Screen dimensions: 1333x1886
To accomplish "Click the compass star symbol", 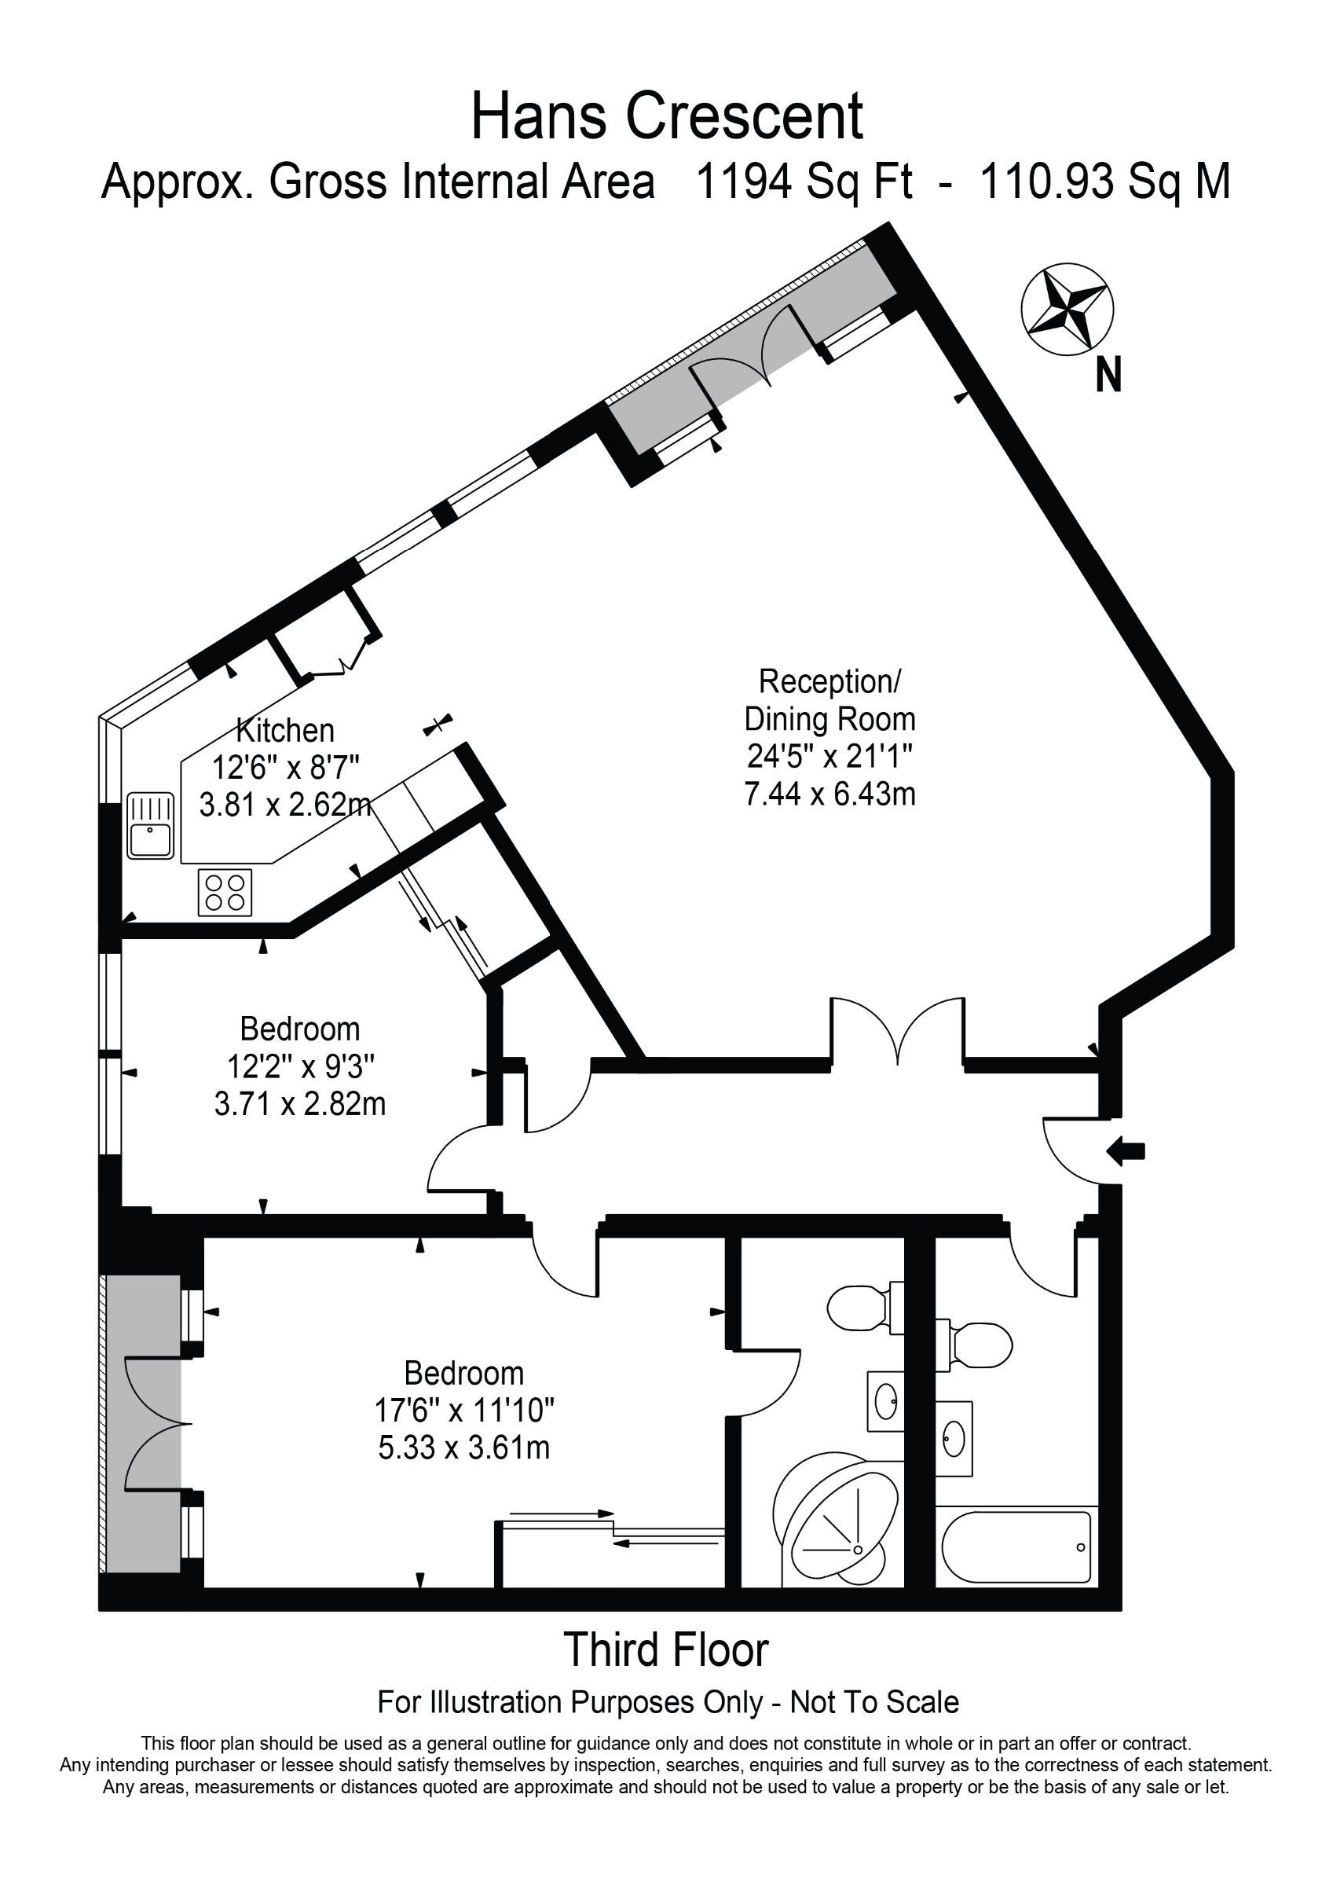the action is [1067, 310].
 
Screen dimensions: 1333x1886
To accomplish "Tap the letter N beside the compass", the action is [1109, 376].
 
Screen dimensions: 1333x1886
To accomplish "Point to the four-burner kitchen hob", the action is [225, 892].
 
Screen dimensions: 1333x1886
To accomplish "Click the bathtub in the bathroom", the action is [1016, 1547].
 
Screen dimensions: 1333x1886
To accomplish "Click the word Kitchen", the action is [285, 730].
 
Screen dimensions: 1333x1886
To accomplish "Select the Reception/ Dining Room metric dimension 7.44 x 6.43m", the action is [829, 794].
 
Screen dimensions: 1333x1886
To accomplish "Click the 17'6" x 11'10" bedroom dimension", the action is [465, 1411].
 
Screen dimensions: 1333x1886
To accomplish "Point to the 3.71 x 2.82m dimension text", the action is [300, 1105].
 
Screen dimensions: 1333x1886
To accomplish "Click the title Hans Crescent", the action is [667, 116].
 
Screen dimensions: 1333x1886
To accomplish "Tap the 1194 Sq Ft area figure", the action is [804, 182].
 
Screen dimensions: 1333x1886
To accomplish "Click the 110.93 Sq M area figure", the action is [1105, 182].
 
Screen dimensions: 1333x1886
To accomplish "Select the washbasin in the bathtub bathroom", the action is [954, 1438].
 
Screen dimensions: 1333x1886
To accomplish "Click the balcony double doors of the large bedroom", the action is [154, 1423].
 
